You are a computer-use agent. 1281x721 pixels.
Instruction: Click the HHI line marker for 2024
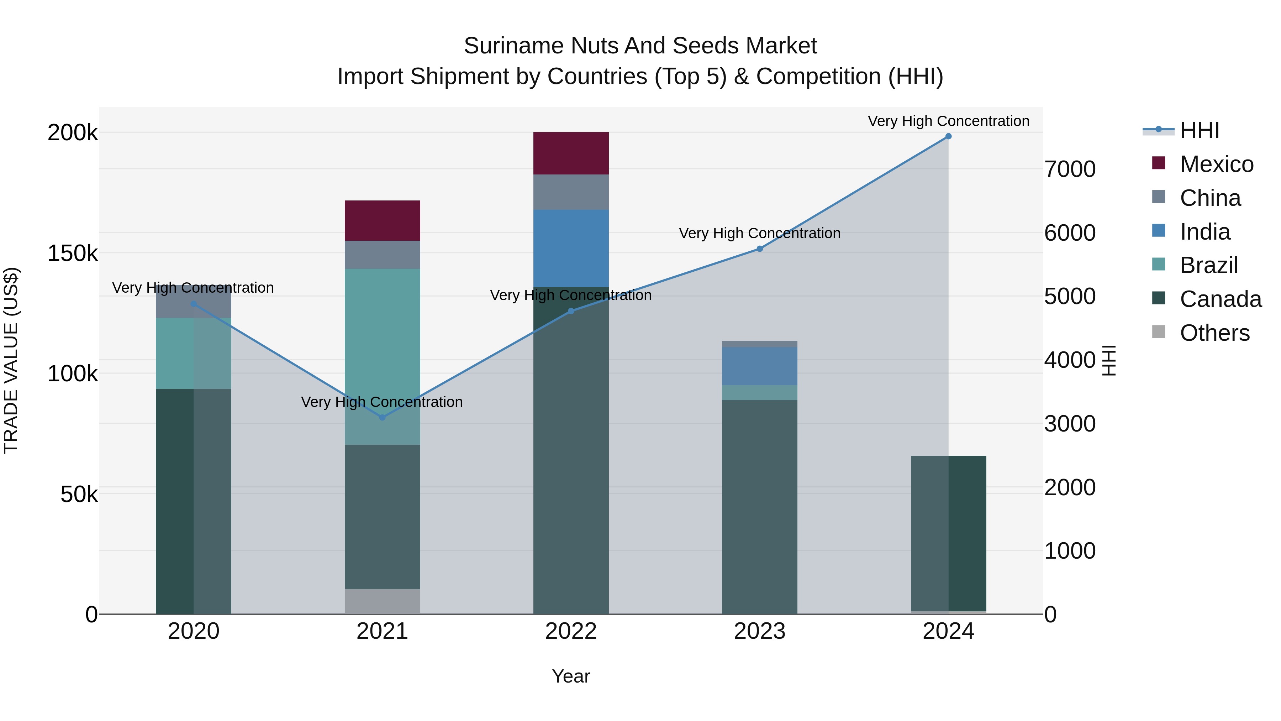(948, 136)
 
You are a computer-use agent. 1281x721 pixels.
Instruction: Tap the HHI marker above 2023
(759, 249)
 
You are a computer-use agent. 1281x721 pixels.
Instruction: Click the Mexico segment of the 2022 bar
(571, 153)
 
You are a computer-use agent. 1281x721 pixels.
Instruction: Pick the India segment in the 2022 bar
(571, 248)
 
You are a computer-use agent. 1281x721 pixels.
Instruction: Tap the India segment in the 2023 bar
(759, 366)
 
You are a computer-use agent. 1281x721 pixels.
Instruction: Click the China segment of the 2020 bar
(194, 302)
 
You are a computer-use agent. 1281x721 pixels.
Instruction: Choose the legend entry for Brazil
(1208, 266)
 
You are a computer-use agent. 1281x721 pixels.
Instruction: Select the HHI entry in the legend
(1199, 130)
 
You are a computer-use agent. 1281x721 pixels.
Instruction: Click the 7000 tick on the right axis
(1070, 169)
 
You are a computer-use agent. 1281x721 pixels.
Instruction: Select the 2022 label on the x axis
(571, 631)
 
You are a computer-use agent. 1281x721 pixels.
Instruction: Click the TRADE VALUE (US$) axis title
(11, 360)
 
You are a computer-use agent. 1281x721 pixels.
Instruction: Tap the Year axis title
(571, 676)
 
